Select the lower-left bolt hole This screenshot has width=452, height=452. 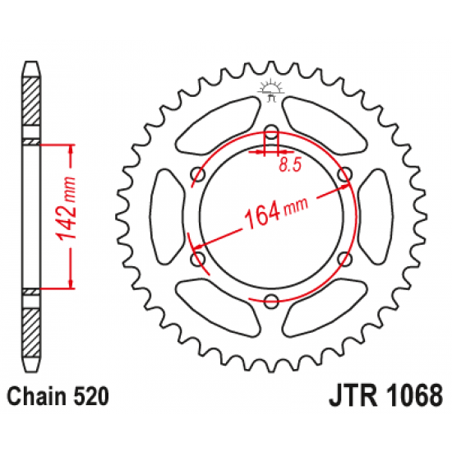click(197, 260)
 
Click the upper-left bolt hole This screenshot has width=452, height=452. click(197, 173)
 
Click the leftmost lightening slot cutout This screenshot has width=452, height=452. click(162, 216)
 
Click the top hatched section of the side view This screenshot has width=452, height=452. click(30, 104)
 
